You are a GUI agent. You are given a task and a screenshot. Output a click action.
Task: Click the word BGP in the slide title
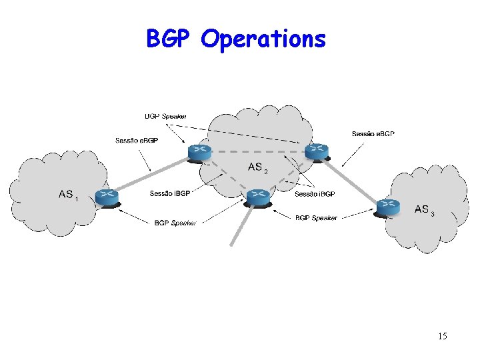coord(170,39)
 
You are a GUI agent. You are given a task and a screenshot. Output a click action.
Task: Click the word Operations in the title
coord(263,40)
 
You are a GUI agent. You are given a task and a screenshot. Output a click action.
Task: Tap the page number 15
coord(443,336)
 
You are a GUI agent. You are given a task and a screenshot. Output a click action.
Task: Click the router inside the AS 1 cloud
coord(106,197)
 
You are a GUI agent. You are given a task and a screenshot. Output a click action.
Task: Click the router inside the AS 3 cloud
coord(387,207)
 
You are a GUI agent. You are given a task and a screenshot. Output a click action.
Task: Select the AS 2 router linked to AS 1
coord(199,153)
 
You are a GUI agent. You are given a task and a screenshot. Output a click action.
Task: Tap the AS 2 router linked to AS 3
coord(317,151)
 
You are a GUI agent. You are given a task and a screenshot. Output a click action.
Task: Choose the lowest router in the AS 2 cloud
coord(257,197)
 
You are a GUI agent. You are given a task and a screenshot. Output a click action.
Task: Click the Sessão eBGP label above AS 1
coord(137,140)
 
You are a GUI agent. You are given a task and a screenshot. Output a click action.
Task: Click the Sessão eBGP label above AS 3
coord(373,134)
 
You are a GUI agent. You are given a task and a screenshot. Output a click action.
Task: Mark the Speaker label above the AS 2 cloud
coord(166,117)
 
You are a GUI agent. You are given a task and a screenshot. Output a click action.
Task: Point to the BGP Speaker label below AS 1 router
coord(175,223)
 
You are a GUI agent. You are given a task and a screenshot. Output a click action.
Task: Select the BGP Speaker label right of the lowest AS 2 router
coord(316,217)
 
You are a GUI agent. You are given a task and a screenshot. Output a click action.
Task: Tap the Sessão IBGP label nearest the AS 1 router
coord(170,194)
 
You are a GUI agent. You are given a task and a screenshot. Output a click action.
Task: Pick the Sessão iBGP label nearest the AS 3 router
coord(315,194)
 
